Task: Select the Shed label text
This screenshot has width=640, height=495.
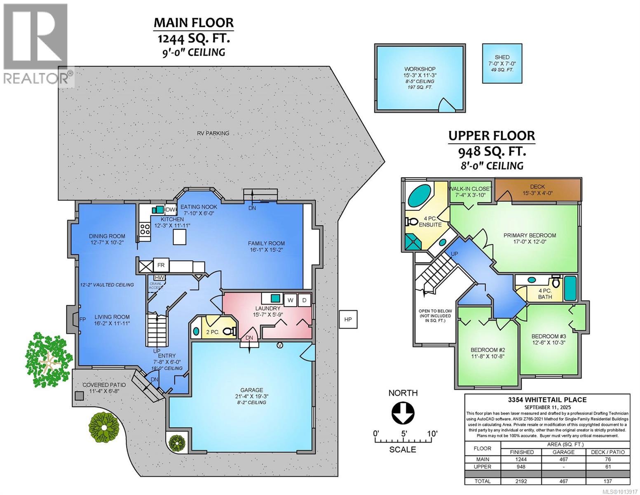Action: (502, 57)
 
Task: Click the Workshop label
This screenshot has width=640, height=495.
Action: (420, 69)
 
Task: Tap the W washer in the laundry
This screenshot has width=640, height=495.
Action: (291, 300)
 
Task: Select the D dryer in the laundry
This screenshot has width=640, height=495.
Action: (304, 300)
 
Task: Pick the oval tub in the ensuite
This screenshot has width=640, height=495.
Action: (419, 196)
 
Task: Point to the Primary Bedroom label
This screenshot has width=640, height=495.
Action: (530, 235)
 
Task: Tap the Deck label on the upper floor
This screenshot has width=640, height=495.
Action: (537, 186)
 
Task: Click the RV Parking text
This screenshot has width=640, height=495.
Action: (212, 133)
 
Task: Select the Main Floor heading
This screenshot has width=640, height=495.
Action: (194, 22)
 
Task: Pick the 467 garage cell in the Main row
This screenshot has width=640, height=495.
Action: (563, 459)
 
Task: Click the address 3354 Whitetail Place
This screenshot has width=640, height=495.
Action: (547, 399)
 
